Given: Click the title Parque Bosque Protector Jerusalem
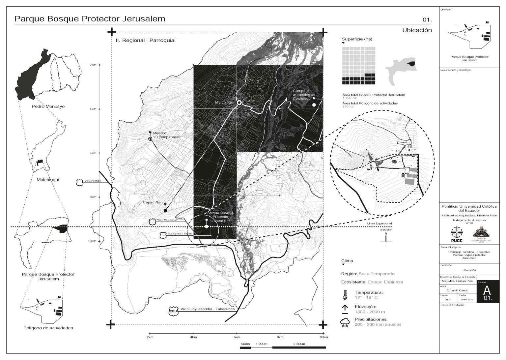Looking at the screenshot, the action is [90, 19].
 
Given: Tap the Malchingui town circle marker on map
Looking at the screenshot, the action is [239, 103].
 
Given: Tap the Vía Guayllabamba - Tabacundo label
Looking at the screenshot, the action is [204, 309].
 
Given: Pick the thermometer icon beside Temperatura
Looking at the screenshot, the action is [345, 295].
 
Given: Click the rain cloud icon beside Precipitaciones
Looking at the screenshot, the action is [345, 322].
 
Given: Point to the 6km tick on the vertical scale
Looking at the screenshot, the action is [99, 153].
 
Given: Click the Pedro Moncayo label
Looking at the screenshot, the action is [48, 106].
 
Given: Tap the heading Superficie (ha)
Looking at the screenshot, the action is [357, 39].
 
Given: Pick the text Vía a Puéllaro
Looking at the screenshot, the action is [93, 181].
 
